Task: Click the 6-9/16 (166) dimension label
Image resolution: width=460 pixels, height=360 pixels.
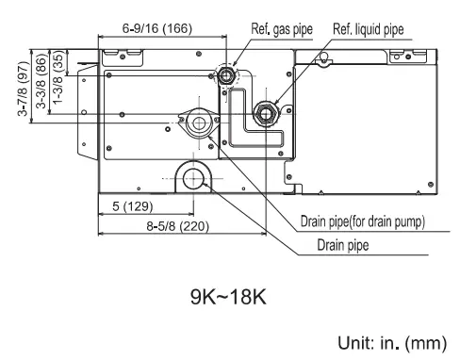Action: [x=157, y=28]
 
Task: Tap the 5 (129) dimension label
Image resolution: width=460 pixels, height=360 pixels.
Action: [x=133, y=206]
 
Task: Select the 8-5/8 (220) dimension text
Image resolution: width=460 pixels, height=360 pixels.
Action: [x=177, y=226]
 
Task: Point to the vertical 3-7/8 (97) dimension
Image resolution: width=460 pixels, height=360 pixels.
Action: [x=24, y=89]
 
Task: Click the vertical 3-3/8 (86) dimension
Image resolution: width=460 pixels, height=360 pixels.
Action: [x=41, y=81]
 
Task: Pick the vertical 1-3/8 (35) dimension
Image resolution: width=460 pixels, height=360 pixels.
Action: [x=58, y=77]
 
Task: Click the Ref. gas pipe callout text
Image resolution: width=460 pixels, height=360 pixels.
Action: [x=282, y=29]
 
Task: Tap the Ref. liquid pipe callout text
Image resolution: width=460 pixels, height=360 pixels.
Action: [x=369, y=29]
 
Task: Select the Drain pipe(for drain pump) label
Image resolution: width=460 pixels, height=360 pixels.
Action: [x=363, y=221]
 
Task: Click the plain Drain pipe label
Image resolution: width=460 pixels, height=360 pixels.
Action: [x=343, y=245]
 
